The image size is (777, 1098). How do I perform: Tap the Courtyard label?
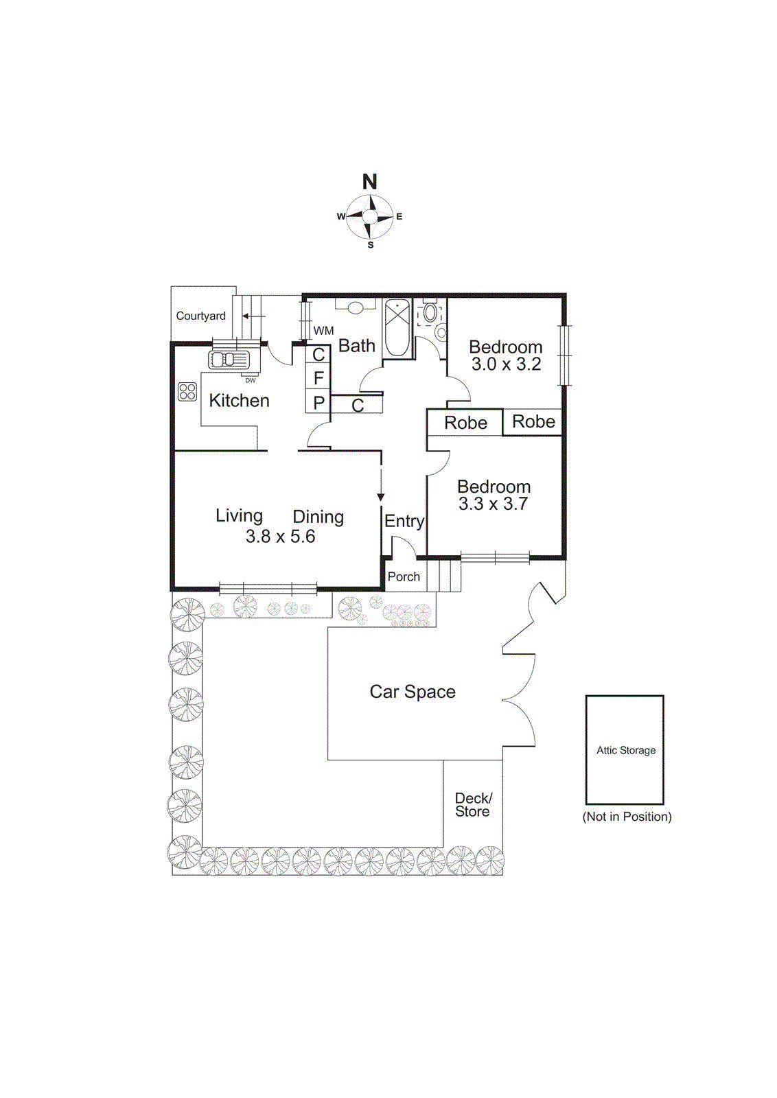[x=200, y=316]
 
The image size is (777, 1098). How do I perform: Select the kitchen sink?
[x=229, y=359]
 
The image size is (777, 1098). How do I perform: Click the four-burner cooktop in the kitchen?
[x=187, y=391]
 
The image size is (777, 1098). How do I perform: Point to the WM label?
[x=323, y=331]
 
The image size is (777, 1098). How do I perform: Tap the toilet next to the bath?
[x=430, y=314]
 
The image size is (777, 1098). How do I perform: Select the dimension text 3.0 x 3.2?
[x=506, y=364]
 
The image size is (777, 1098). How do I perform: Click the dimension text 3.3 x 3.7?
[x=493, y=504]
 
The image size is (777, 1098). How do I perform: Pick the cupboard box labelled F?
[x=318, y=377]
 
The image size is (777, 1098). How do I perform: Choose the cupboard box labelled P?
[x=318, y=402]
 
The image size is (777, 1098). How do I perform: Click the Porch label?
[x=404, y=576]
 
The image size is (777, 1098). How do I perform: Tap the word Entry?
[x=404, y=521]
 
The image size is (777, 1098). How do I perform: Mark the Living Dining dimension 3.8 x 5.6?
[x=280, y=537]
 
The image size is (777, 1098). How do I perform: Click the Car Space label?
[x=413, y=692]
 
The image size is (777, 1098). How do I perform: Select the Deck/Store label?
[x=473, y=804]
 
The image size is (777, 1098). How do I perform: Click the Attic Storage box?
[x=625, y=749]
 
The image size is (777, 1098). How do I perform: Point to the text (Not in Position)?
[x=627, y=817]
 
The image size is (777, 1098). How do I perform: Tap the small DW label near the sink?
[x=251, y=380]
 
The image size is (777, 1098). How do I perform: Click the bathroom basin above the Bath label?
[x=356, y=307]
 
